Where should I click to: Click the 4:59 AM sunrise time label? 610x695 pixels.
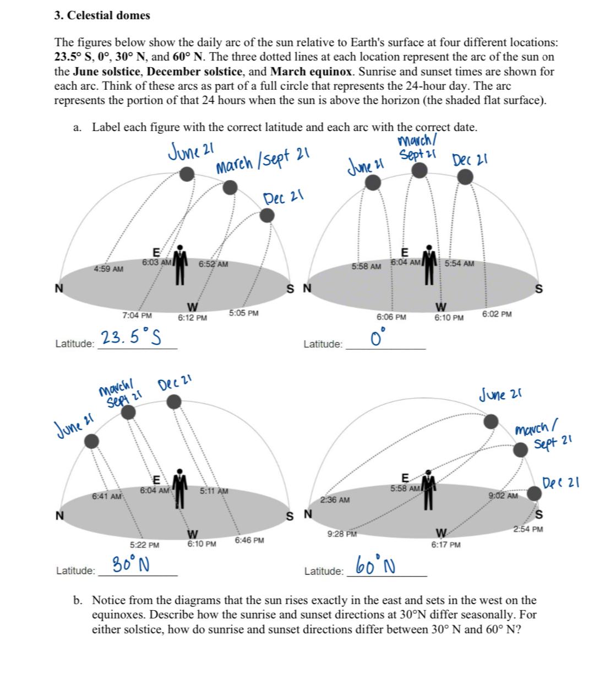click(x=108, y=269)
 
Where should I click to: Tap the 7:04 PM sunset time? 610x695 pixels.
click(x=137, y=316)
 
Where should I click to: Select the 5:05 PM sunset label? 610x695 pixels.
click(x=244, y=313)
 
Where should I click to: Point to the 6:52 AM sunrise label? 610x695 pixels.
click(x=214, y=264)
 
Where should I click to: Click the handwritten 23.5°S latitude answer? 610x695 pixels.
click(x=130, y=337)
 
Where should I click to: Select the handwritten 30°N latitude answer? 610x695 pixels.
click(x=133, y=564)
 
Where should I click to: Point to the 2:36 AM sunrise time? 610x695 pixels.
click(x=335, y=500)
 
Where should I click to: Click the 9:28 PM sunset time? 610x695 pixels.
click(x=342, y=534)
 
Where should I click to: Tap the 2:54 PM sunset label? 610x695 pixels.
click(x=528, y=529)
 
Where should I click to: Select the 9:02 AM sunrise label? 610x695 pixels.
click(x=503, y=496)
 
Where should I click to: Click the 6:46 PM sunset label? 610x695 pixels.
click(x=249, y=540)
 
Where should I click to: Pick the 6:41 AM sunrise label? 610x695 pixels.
click(x=107, y=496)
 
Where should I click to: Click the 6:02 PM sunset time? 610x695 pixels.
click(x=497, y=314)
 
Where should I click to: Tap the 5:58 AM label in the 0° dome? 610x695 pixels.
click(x=367, y=267)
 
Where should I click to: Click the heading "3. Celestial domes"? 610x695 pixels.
click(x=102, y=15)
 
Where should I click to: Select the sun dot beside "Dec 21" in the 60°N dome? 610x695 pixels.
click(x=533, y=493)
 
